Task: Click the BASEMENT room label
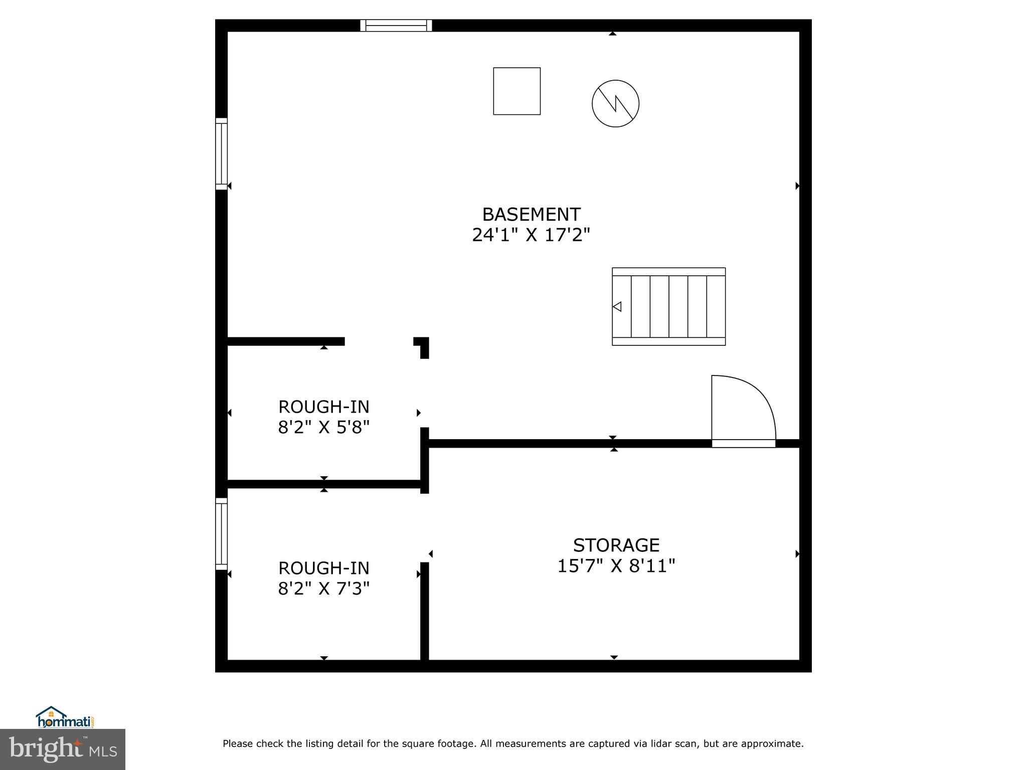coord(531,215)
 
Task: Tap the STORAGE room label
coord(616,545)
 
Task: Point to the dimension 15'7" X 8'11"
coord(616,566)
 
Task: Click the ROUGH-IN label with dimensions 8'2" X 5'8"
coord(323,407)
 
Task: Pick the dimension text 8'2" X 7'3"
coord(323,589)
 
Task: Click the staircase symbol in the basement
coord(668,306)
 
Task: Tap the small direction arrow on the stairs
coord(617,306)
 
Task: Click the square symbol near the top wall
coord(517,91)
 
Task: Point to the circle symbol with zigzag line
coord(615,104)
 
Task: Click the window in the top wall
coord(396,26)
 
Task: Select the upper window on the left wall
coord(221,154)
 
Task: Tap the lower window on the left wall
coord(221,534)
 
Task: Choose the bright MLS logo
coord(62,749)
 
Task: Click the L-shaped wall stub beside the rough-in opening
coord(423,346)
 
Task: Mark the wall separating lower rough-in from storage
coord(424,612)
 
